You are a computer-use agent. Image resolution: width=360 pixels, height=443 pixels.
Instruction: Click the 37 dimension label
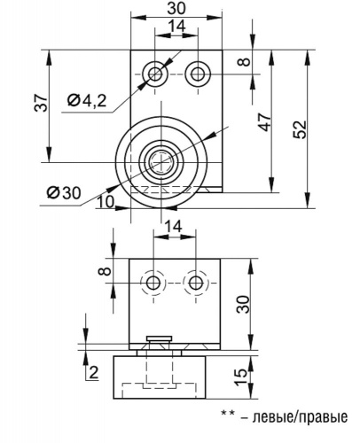41,103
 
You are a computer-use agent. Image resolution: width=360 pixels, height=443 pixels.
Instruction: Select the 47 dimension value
265,121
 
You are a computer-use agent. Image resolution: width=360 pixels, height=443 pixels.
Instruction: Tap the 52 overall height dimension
300,129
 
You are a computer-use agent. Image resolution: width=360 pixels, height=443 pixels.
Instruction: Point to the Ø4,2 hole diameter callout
87,101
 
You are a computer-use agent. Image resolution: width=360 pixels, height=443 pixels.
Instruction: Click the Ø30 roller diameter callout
64,193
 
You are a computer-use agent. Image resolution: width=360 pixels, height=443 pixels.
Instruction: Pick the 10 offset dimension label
106,202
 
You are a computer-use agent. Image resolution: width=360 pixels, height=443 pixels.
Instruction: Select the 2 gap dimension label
93,373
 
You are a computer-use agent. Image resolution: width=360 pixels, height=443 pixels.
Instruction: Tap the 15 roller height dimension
241,377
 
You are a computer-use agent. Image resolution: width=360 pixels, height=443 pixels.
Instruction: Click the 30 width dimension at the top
176,8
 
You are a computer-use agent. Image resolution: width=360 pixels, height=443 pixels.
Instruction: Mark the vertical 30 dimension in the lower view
244,305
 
